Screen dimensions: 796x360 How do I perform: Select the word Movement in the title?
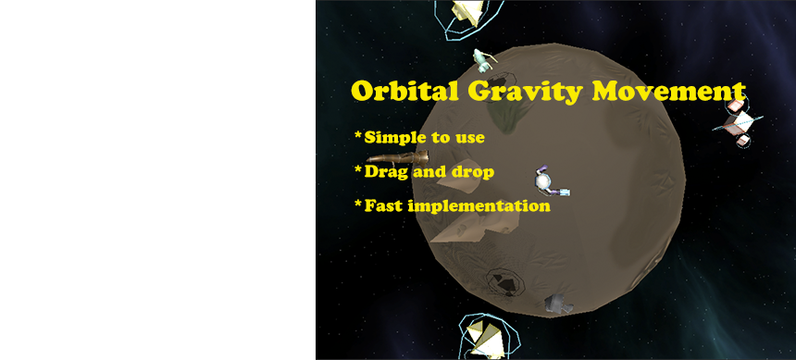668,92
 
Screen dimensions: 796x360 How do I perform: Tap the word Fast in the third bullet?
384,206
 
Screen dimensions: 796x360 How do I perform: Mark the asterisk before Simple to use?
358,135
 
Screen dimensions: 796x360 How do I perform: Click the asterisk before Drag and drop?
358,169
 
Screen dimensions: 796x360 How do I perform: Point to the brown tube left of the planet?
397,157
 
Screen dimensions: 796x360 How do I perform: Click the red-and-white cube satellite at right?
738,121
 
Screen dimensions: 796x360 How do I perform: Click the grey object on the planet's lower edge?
558,304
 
